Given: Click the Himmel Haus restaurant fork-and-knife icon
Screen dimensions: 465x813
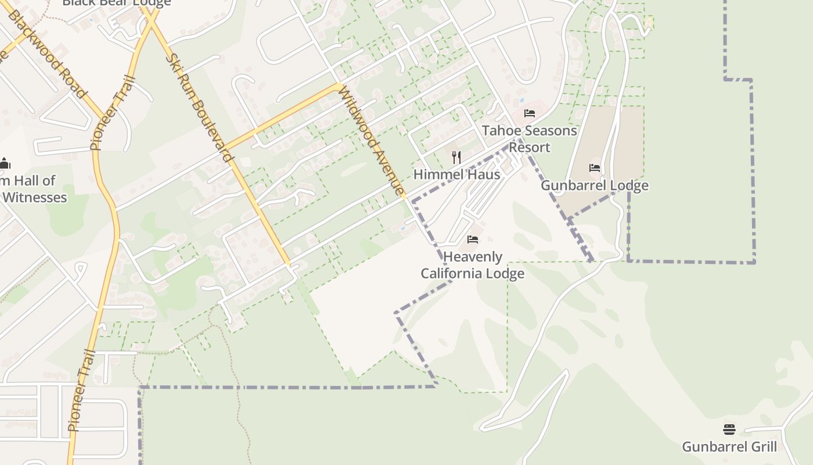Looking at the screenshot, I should [456, 158].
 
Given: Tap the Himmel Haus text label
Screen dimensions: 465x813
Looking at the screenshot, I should [456, 174].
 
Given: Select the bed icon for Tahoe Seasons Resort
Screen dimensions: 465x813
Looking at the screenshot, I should [530, 113].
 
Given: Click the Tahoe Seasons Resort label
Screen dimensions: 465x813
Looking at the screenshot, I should [530, 139].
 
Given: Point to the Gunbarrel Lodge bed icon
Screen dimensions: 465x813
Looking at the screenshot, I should [595, 168].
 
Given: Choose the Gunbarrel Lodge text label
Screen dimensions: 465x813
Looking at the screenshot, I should [595, 185].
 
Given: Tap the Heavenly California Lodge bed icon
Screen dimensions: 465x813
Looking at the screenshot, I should [473, 239].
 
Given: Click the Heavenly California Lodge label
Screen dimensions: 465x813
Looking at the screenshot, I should [473, 265].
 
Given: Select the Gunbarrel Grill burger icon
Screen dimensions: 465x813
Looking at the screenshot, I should [729, 430].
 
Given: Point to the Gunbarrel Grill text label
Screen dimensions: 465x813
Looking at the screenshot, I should [729, 447].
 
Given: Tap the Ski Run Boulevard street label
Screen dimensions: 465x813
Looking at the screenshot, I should [200, 108].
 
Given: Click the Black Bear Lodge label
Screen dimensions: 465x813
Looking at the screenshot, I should [117, 3].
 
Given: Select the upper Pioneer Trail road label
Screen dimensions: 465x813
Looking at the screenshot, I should [113, 113].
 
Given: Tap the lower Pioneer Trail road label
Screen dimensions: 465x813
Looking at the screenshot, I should [81, 389].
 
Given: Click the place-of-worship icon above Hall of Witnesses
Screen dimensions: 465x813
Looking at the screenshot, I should [4, 163].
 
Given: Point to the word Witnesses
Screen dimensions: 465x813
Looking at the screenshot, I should [35, 198].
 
